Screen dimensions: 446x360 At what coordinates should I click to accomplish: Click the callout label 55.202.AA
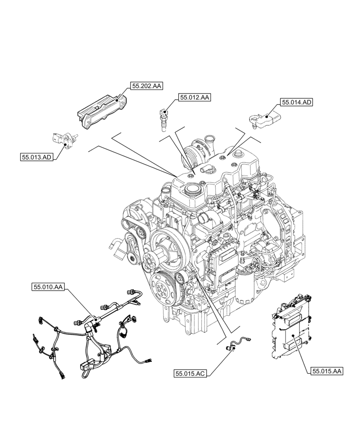[x=146, y=87]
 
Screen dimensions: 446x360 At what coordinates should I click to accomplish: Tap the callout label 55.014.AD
[x=296, y=103]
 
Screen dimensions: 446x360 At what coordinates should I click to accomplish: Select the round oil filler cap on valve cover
[x=193, y=191]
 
